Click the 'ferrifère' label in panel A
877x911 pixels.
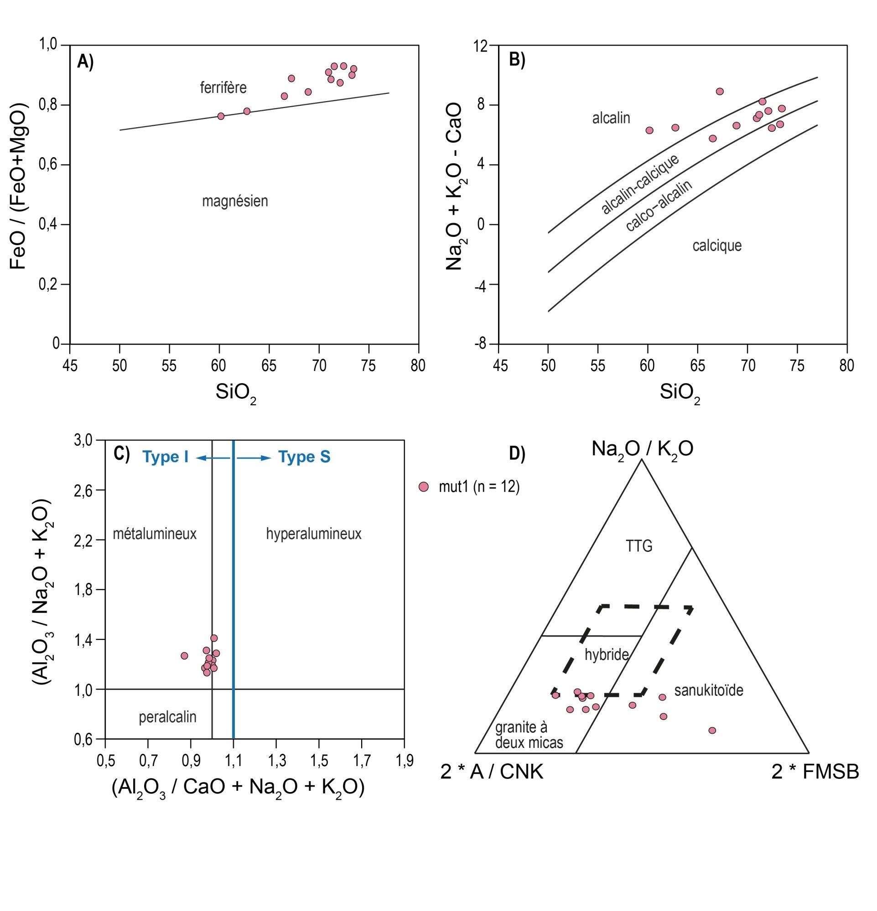coord(223,87)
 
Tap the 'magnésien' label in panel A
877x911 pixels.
coord(234,201)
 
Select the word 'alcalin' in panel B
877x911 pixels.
coord(610,118)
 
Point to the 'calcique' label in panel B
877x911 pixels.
coord(716,246)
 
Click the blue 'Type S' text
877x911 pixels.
coord(304,457)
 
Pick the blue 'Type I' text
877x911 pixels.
coord(165,457)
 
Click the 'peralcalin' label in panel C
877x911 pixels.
coord(167,717)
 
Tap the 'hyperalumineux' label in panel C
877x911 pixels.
coord(314,534)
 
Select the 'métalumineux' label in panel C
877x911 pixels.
coord(155,534)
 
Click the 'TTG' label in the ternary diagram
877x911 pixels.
coord(639,546)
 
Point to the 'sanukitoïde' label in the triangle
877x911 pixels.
coord(708,690)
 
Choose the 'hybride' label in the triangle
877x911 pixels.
coord(606,655)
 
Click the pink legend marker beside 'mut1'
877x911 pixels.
coord(423,487)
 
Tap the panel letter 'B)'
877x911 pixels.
coord(517,60)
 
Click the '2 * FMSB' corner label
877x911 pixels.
coord(815,772)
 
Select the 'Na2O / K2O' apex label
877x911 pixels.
coord(642,449)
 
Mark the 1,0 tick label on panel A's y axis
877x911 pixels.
coord(47,45)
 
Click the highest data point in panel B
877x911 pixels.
coord(719,91)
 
